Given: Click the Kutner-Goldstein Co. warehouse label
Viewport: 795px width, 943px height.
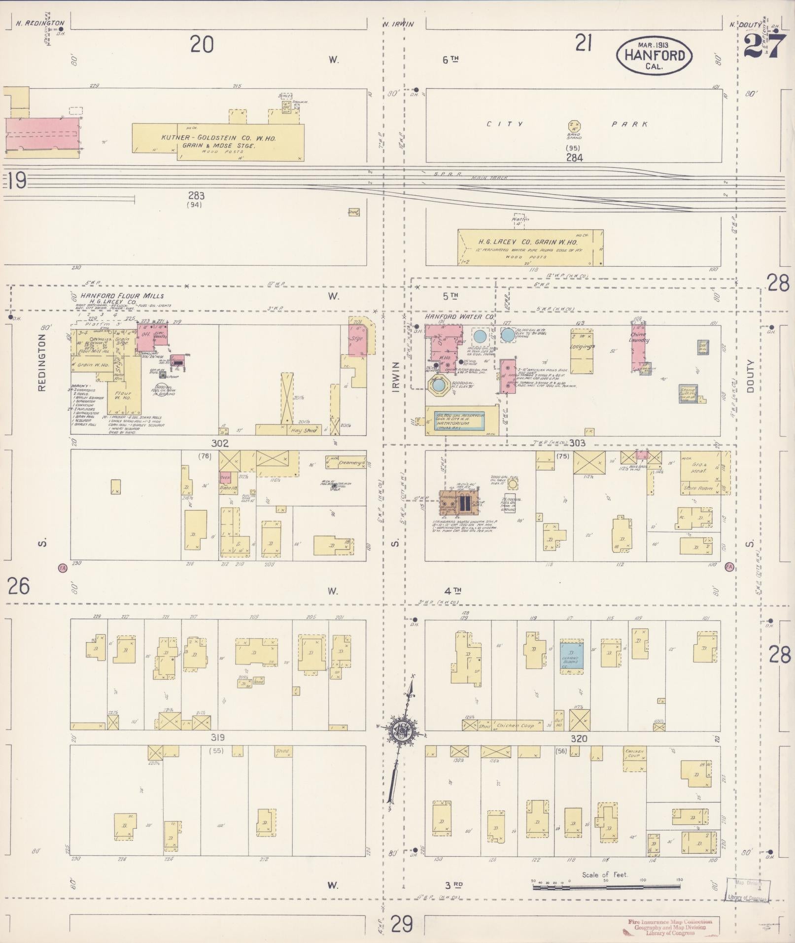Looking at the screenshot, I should click(x=217, y=139).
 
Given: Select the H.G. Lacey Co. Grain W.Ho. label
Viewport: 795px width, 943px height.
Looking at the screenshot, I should click(x=528, y=242).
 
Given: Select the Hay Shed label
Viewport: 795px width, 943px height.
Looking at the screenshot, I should click(x=304, y=430).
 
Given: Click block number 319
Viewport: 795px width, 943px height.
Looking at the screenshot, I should click(x=218, y=738).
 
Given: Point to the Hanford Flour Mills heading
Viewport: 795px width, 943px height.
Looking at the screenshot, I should click(x=122, y=296).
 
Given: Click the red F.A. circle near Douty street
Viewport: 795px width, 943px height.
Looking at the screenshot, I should click(x=729, y=567).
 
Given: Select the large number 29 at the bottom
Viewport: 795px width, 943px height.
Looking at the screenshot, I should click(x=402, y=924).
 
